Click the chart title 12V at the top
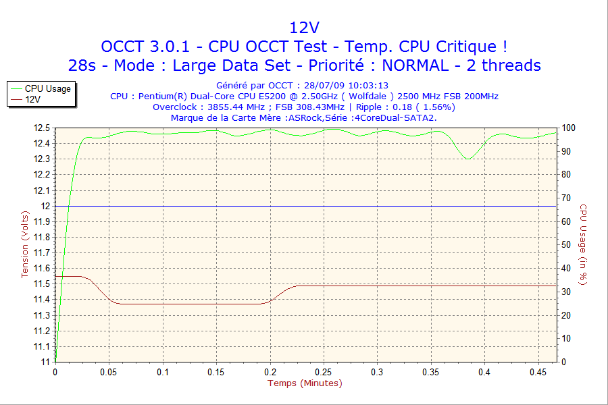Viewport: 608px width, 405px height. click(x=304, y=28)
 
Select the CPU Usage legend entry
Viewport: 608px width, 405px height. click(x=47, y=88)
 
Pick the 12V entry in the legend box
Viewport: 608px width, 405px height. click(x=33, y=99)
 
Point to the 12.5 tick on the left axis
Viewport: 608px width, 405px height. click(x=42, y=128)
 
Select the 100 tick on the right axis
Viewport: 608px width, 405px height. click(x=568, y=128)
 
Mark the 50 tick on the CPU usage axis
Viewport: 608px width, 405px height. click(x=566, y=244)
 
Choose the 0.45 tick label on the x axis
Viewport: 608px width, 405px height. click(x=538, y=372)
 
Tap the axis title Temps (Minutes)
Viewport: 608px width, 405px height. click(x=305, y=383)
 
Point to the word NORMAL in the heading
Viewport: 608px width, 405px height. click(x=414, y=65)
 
